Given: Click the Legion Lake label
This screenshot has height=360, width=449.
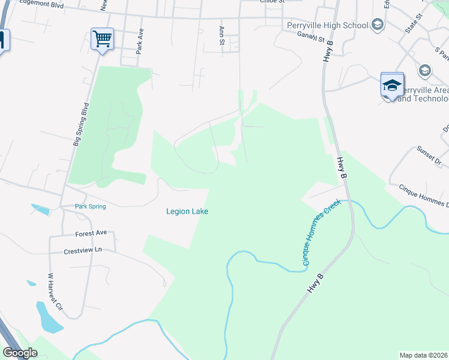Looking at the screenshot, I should pos(187,211).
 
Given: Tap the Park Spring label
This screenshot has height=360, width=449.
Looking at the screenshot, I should pos(90,206).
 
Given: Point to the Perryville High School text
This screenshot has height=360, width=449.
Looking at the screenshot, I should pos(328,25).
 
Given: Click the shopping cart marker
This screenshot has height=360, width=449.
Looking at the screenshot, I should pos(102,39).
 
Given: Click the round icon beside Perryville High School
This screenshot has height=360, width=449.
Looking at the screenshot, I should pos(377,25).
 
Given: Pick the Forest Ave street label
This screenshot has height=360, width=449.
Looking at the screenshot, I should pos(91,233).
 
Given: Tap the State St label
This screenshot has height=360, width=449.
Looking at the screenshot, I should pos(411,25).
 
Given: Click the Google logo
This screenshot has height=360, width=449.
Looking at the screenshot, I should pos(20,353).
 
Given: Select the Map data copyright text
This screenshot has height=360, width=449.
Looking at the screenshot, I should pos(424,355).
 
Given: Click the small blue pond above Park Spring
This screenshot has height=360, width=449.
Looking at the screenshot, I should pos(40,209).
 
